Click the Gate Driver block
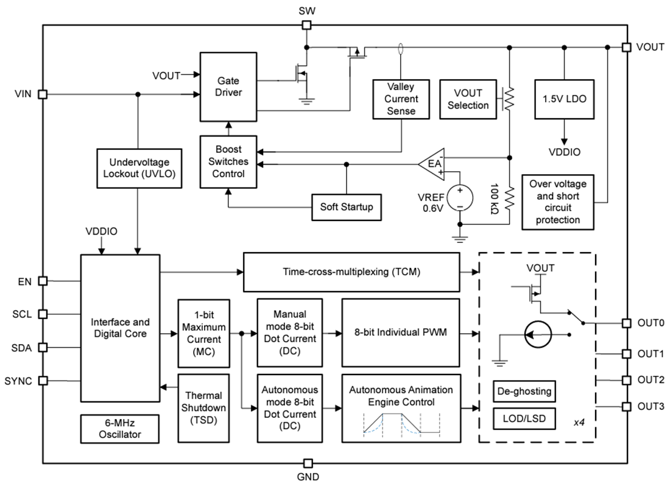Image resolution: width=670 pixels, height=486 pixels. pos(228,86)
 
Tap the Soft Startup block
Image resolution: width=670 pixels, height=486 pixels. pos(347,207)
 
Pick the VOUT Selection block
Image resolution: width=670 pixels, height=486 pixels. pos(468,99)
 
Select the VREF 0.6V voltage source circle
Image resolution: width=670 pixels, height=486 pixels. pos(460,198)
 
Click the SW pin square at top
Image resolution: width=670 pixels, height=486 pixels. pos(307,26)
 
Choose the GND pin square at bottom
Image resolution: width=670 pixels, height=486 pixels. pos(307,463)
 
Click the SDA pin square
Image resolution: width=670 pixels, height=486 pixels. pos(43,347)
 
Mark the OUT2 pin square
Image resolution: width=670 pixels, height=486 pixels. pos(626,380)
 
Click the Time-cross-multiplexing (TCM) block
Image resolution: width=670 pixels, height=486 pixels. pos(351,272)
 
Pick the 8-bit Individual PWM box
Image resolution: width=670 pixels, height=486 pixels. pos(401,333)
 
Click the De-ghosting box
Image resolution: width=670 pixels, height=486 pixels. pos(524,391)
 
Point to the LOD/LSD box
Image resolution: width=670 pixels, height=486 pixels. pos(524,419)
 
